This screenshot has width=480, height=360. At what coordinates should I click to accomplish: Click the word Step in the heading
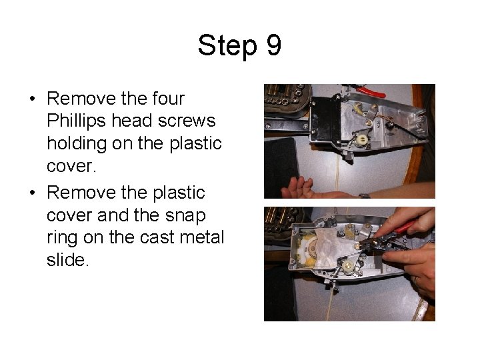click(227, 46)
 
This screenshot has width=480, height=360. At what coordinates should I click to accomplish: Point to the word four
click(169, 98)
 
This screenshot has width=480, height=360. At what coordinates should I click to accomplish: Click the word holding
click(77, 144)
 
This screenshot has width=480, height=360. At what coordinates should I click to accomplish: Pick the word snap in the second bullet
click(185, 217)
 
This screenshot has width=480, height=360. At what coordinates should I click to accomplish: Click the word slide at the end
click(67, 259)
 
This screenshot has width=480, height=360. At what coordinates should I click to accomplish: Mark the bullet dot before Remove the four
click(33, 99)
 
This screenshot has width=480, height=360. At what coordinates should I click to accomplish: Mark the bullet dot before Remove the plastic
click(33, 193)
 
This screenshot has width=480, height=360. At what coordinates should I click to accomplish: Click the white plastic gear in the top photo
click(362, 139)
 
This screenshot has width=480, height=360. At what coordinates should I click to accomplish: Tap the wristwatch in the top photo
click(364, 195)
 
